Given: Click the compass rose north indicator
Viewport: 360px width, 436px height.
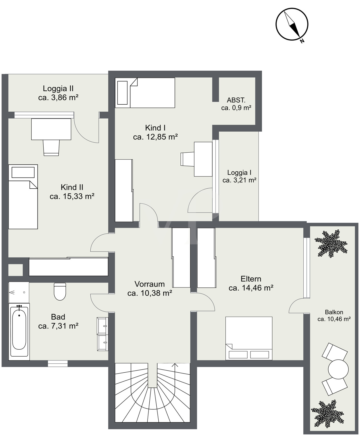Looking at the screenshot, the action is point(292,24).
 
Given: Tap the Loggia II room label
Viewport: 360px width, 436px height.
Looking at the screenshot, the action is point(58,88).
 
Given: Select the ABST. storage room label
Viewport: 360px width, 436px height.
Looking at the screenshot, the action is point(236,100).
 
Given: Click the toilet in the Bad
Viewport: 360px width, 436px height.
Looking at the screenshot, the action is point(60,292).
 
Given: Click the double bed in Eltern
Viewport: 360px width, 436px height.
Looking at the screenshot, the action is point(249,338).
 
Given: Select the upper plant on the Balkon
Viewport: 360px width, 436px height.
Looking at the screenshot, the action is point(331,244).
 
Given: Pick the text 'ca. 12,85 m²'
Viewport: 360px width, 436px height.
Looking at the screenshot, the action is point(155,137).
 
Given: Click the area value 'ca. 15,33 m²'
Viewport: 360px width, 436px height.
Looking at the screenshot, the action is point(72,196).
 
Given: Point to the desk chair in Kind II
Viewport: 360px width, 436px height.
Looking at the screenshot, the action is point(51,148).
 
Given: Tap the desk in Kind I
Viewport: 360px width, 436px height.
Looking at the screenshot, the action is point(203,159).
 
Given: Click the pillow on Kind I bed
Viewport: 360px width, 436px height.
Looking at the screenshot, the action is point(122,93).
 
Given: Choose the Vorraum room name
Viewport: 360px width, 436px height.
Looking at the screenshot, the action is point(150,284).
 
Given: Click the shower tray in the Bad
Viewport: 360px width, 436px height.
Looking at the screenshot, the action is point(19,292).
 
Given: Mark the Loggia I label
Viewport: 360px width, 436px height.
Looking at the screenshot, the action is point(239,172).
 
